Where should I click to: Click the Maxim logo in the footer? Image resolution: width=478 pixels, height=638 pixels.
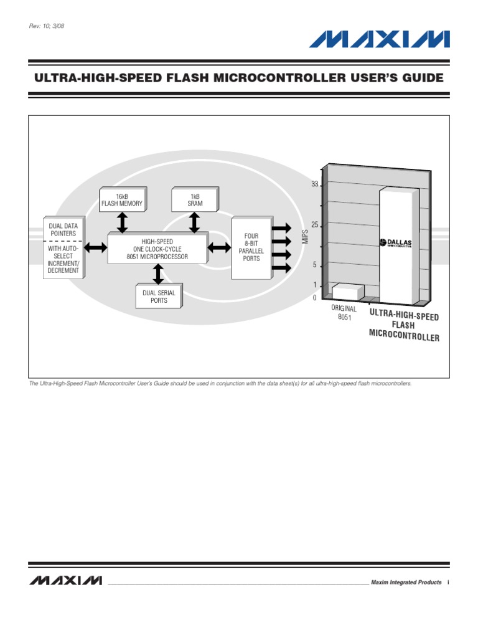tap(65, 581)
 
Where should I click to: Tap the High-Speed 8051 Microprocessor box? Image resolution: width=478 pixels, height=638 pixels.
tap(157, 249)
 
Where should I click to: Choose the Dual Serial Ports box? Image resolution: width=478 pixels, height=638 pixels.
tap(159, 296)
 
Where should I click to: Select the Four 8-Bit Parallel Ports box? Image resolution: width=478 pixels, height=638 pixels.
tap(251, 248)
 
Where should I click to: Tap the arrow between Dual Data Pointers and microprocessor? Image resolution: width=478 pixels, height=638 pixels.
tap(96, 248)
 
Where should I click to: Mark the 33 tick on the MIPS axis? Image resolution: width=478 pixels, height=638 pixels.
tap(314, 184)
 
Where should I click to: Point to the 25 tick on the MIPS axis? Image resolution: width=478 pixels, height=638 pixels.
tap(314, 224)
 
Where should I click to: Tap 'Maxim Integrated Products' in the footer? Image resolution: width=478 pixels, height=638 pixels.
tap(406, 582)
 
